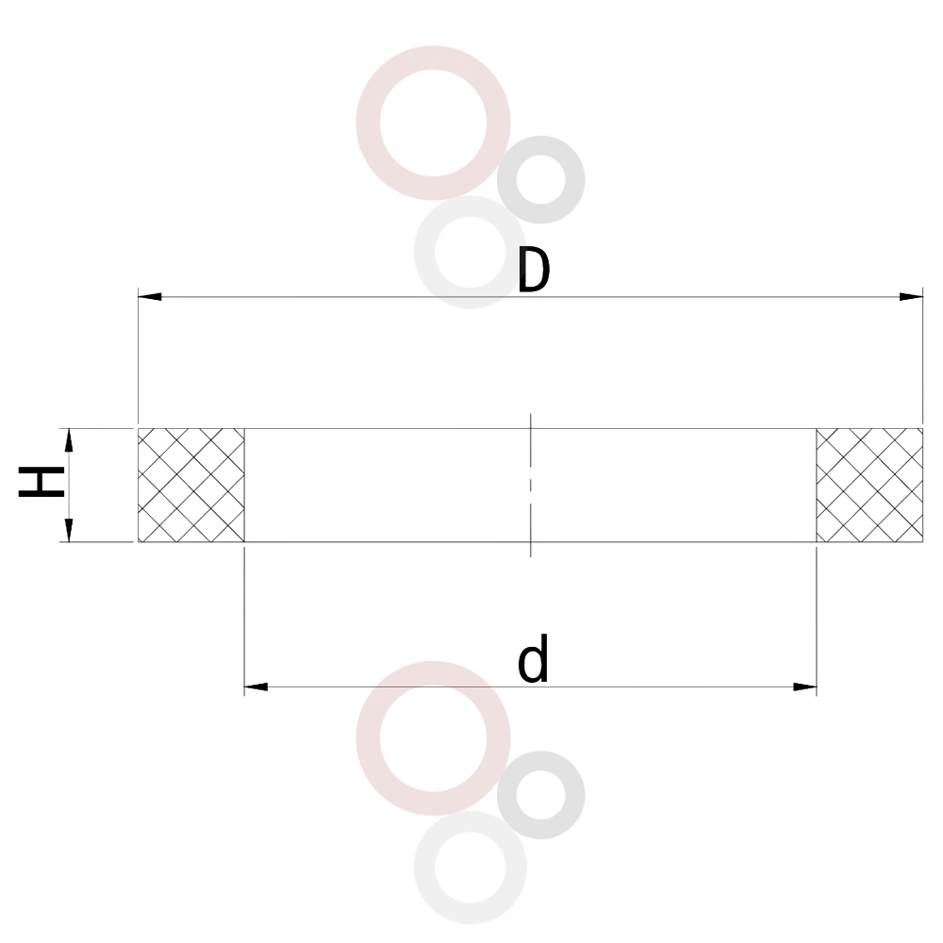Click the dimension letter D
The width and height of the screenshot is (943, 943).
tap(534, 271)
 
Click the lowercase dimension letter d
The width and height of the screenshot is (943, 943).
tap(533, 658)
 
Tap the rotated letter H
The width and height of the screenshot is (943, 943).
tap(41, 482)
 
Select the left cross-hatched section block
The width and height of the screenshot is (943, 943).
tap(191, 485)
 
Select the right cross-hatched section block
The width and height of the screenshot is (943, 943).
tap(869, 485)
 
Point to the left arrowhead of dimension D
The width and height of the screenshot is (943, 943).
tap(150, 296)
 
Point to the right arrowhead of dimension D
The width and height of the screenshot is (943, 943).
tap(911, 296)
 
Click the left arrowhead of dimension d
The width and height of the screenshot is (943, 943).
tap(256, 687)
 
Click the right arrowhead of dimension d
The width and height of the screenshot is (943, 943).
tap(804, 687)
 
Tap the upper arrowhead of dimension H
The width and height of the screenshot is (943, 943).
tap(69, 439)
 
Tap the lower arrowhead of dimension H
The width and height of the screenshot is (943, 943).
tap(69, 530)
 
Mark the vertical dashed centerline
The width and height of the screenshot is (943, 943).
tap(530, 485)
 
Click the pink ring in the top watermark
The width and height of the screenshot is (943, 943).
tap(368, 124)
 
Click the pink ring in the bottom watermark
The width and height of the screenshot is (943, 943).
tap(368, 738)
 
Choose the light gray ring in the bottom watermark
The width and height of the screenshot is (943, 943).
tap(424, 868)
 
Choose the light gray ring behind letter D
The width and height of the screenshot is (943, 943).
tap(424, 253)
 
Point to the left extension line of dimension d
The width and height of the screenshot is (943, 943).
tap(244, 620)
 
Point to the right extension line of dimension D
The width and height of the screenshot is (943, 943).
tap(922, 355)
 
